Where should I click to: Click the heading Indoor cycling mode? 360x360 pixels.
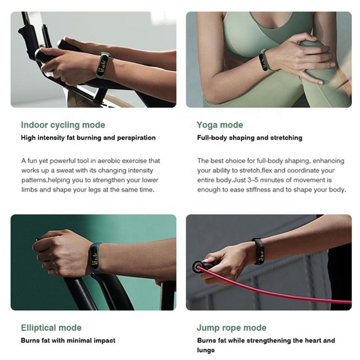[x=63, y=125]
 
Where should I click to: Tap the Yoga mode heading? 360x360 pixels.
[x=220, y=125]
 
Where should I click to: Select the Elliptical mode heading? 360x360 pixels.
[x=51, y=328]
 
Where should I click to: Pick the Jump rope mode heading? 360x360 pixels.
[x=231, y=328]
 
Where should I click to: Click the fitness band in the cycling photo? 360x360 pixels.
[x=103, y=64]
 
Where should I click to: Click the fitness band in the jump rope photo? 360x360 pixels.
[x=259, y=251]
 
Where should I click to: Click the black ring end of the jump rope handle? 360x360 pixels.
[x=198, y=267]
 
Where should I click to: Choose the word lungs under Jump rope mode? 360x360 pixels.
[x=206, y=350]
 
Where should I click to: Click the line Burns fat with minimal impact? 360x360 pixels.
[x=68, y=341]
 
